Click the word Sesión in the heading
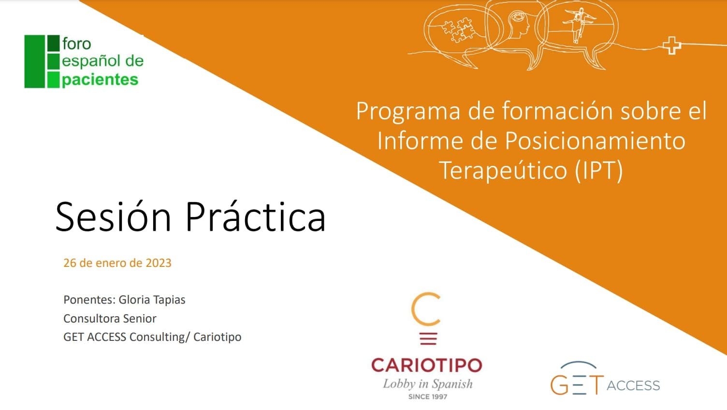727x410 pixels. [x=113, y=217]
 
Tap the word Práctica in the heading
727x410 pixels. [x=255, y=217]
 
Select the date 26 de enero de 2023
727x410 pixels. [x=117, y=263]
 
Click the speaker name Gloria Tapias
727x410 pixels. [x=152, y=300]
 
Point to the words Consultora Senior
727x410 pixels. [x=110, y=319]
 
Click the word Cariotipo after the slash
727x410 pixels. [x=217, y=337]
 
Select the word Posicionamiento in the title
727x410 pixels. [x=595, y=141]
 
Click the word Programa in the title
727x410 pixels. [x=408, y=111]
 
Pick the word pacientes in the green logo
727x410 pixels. [x=100, y=79]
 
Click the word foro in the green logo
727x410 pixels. [x=76, y=44]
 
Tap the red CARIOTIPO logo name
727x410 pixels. [x=426, y=365]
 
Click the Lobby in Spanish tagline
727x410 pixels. [x=427, y=384]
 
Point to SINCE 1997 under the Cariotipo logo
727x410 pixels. [x=427, y=397]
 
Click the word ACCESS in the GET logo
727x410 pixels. [x=633, y=385]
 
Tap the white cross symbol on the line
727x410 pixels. [x=671, y=46]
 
